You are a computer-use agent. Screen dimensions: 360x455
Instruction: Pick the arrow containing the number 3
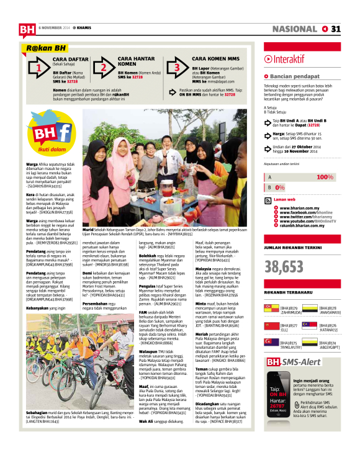(x=177, y=67)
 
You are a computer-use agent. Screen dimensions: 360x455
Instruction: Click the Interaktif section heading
(x=284, y=58)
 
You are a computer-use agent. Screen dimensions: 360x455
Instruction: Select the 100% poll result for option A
(x=325, y=177)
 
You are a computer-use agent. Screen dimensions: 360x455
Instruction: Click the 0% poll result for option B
(x=280, y=187)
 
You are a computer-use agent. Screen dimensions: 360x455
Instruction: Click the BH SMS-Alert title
(x=293, y=361)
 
